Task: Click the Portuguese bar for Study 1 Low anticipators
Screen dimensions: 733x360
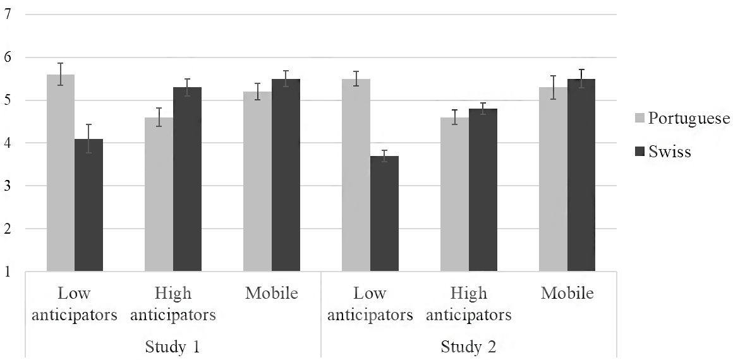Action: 60,172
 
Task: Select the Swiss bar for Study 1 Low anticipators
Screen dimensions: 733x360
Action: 89,205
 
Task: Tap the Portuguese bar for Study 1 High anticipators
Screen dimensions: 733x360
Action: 159,194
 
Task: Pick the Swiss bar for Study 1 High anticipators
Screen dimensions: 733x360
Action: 188,179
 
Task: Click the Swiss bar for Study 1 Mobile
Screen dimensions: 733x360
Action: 286,175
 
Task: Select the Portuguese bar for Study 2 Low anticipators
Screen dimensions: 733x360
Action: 356,175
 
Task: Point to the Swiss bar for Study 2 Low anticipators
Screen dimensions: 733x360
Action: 385,213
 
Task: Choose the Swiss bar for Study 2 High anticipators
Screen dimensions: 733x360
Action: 483,190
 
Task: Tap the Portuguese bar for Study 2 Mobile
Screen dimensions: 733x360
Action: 553,179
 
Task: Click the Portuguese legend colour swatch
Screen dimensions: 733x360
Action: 640,118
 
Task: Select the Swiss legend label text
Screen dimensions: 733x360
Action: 669,152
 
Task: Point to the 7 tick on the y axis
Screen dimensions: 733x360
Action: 8,15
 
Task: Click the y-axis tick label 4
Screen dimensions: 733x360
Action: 8,143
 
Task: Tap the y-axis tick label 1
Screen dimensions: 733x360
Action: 8,271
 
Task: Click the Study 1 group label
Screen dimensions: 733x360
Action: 173,347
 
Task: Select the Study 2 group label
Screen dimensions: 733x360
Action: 469,347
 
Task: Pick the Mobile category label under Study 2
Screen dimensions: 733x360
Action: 567,293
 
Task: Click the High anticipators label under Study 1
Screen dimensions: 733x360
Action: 173,304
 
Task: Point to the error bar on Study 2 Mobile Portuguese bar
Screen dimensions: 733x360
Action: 553,87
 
